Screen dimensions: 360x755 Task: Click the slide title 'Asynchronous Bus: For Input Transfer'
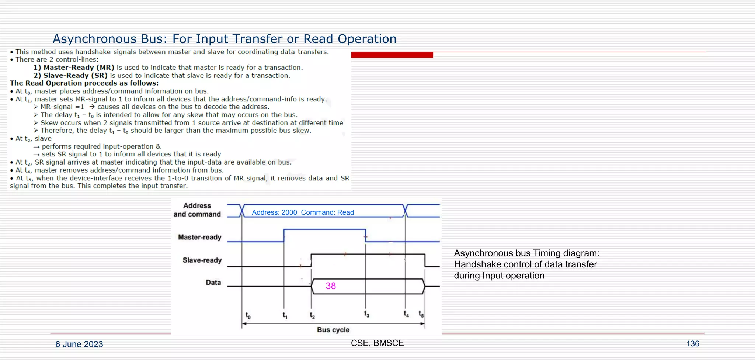click(x=224, y=39)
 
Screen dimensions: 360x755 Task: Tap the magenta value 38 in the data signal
click(x=331, y=286)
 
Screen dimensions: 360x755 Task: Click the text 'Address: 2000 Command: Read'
click(x=303, y=212)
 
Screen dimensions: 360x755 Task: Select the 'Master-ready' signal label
click(x=199, y=237)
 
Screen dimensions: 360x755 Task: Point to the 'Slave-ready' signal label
click(x=202, y=260)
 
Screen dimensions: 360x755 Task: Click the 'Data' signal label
click(x=213, y=283)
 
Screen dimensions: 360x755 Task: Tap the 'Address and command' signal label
click(x=197, y=210)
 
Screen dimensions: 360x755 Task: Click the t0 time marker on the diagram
click(x=248, y=315)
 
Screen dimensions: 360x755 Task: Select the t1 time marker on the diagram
click(x=285, y=315)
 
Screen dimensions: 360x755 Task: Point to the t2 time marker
click(x=312, y=316)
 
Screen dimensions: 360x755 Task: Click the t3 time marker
click(x=366, y=314)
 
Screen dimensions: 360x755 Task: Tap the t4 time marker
click(x=406, y=314)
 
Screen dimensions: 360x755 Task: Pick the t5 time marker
click(x=421, y=314)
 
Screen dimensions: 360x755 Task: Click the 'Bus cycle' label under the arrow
click(x=333, y=330)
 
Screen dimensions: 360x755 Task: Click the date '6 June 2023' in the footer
click(x=79, y=344)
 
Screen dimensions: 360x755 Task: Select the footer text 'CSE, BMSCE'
click(x=377, y=343)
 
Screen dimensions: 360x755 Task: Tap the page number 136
click(x=692, y=344)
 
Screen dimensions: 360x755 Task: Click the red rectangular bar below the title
click(x=392, y=55)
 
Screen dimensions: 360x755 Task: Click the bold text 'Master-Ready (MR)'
click(x=79, y=67)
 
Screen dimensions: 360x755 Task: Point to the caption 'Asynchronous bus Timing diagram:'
click(x=526, y=253)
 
